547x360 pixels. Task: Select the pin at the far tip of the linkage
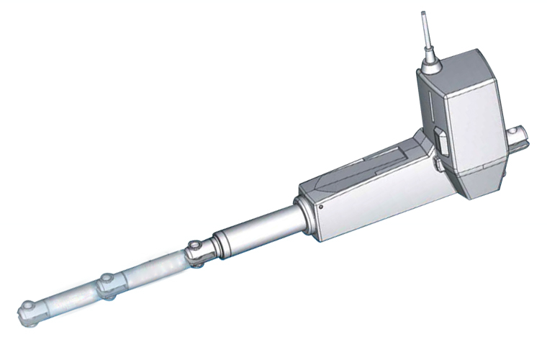[27, 310]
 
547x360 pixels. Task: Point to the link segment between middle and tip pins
[68, 300]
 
